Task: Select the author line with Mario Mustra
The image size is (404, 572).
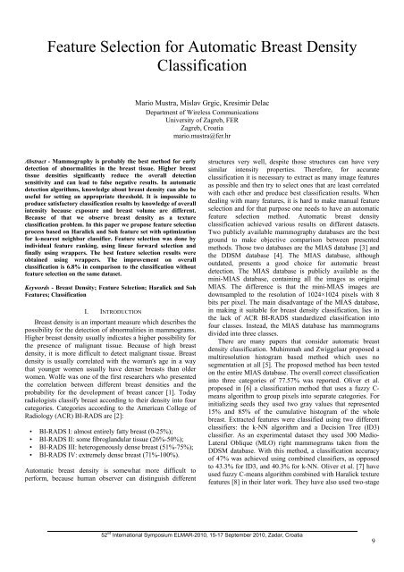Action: click(201, 104)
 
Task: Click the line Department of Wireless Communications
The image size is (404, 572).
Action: click(201, 114)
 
